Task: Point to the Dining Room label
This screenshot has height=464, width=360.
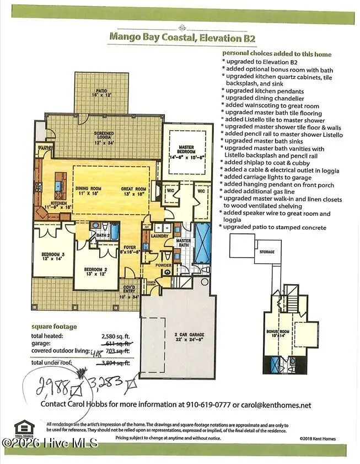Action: pyautogui.click(x=88, y=191)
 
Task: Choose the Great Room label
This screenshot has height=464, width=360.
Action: pyautogui.click(x=134, y=191)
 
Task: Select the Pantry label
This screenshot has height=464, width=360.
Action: pyautogui.click(x=44, y=148)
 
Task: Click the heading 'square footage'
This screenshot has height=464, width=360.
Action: pyautogui.click(x=54, y=326)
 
